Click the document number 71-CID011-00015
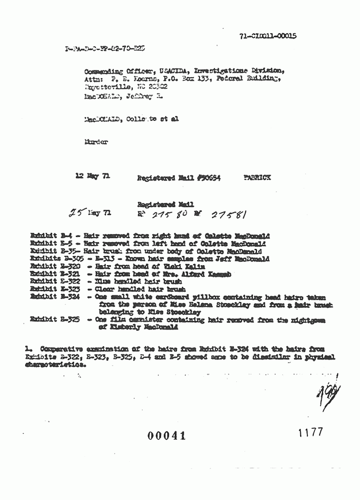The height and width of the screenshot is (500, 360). pos(268,36)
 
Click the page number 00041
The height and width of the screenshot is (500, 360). pos(166,436)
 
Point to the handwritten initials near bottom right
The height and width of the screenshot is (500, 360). pos(329,396)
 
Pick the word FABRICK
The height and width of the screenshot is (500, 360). pos(257,178)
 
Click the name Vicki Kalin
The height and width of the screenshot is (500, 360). pos(187,266)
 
